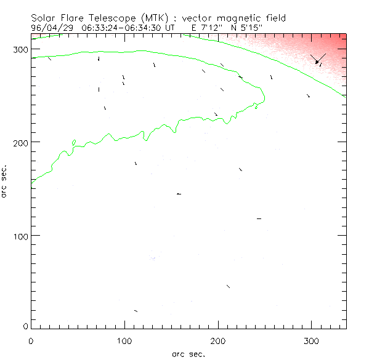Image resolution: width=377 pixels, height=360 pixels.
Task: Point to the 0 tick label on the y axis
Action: pos(24,326)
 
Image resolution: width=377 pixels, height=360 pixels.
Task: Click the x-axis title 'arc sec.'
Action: pos(188,353)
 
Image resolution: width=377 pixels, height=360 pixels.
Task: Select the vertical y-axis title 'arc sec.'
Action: pos(5,181)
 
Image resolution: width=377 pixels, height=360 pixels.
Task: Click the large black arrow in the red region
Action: pos(318,58)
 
